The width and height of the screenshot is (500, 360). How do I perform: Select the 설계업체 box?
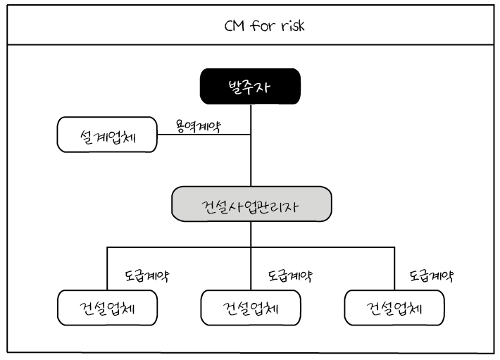106,134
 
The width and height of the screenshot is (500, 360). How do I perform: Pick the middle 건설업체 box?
251,307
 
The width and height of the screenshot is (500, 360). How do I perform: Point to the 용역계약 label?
198,126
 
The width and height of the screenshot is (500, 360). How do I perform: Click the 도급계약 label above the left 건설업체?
146,275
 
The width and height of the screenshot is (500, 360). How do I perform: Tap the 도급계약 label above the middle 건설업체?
290,275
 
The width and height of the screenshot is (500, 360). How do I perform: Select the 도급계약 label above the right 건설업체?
432,275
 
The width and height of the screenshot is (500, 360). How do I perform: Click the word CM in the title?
235,27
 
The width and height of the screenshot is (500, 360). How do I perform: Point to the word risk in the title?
291,27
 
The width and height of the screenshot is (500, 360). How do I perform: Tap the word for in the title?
261,27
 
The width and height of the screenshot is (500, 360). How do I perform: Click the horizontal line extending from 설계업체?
203,135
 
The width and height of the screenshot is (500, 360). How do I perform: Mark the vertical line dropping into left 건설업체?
107,268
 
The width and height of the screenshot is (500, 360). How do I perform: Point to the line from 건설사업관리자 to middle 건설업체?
251,268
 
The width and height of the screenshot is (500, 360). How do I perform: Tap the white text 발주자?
250,88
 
